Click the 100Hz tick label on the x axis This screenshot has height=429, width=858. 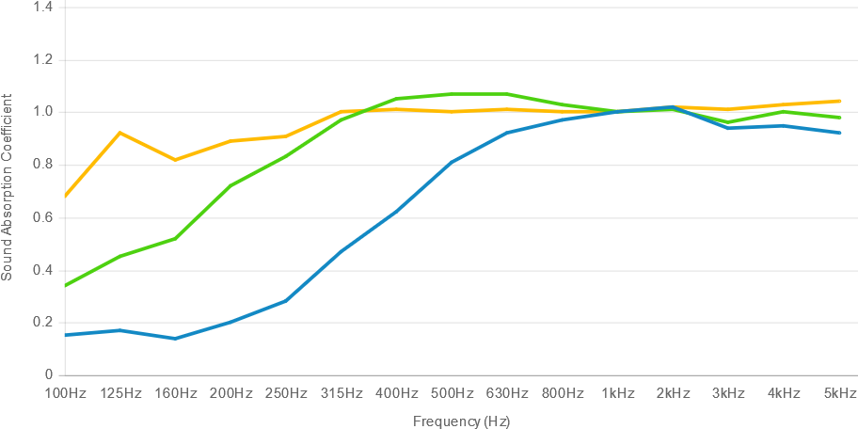(x=65, y=392)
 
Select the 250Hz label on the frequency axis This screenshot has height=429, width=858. (x=286, y=392)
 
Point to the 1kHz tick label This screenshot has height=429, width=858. (x=618, y=392)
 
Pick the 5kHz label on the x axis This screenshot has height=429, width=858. (x=839, y=392)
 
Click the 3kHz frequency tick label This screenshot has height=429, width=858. (x=728, y=392)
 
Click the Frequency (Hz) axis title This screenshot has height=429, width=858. (x=461, y=421)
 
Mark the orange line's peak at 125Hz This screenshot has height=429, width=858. (x=119, y=133)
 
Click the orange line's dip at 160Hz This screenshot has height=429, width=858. (x=175, y=160)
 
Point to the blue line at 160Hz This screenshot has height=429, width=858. (x=175, y=338)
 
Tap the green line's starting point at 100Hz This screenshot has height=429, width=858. (x=65, y=286)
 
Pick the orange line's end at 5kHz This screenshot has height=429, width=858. (x=839, y=101)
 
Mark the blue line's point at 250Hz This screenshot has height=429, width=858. (x=286, y=301)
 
